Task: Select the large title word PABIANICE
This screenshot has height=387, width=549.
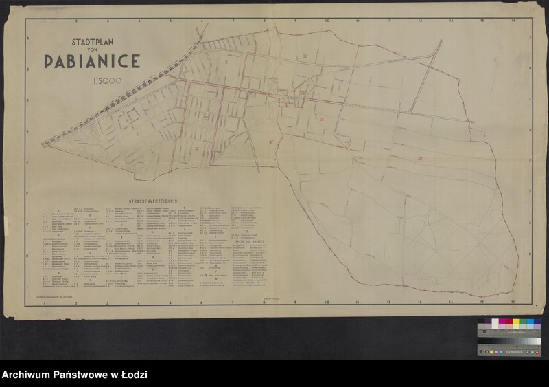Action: point(92,60)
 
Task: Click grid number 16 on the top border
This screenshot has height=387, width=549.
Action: point(513,21)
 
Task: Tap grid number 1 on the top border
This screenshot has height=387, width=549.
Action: point(44,21)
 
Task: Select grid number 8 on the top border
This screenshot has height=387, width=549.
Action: point(264,21)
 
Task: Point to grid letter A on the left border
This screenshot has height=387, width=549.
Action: point(28,39)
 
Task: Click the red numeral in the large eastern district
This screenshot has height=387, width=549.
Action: point(418,159)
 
